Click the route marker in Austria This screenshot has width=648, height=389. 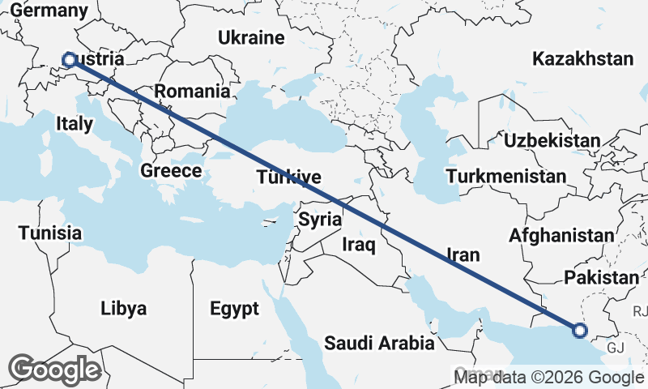click(69, 59)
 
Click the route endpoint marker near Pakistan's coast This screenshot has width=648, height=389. click(579, 330)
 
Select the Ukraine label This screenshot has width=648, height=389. click(251, 37)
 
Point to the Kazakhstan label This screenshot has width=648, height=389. click(582, 59)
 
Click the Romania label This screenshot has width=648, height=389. click(192, 91)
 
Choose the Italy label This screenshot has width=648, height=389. click(75, 122)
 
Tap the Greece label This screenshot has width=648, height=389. click(171, 171)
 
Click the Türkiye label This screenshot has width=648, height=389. click(289, 177)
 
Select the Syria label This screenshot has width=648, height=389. click(320, 219)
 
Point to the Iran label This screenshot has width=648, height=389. click(463, 254)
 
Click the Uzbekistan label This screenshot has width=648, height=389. click(552, 141)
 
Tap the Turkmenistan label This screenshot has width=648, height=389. click(506, 177)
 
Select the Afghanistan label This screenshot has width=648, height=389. click(561, 236)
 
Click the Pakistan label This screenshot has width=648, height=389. click(602, 278)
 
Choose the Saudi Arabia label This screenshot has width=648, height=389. click(379, 343)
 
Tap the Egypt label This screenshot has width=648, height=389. click(234, 309)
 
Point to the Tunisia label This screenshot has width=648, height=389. click(51, 233)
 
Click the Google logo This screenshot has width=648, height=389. click(55, 370)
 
